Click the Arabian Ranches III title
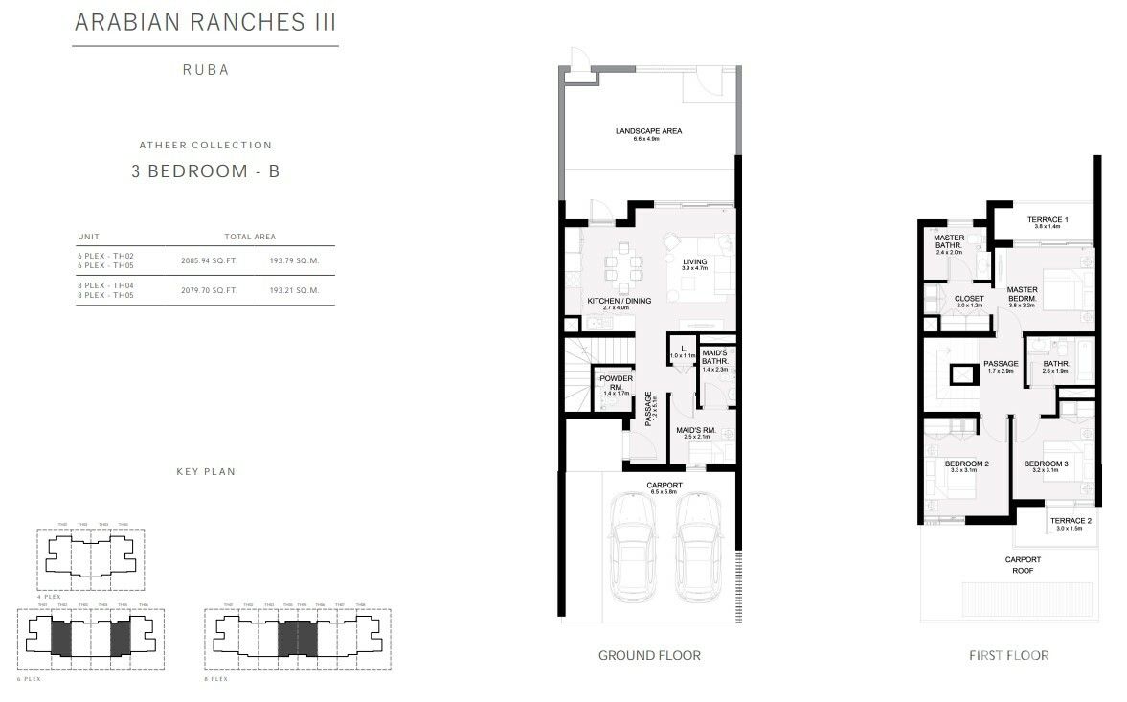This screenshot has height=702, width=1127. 205,22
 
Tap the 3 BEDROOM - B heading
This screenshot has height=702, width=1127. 205,172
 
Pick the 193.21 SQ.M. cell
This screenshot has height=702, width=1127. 294,289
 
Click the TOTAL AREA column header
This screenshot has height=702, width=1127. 251,237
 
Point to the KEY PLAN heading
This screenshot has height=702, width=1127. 205,471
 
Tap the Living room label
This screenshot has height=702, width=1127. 694,264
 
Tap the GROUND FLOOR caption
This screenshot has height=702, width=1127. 648,656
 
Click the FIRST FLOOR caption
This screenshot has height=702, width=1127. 1008,656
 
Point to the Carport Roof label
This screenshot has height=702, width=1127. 1022,564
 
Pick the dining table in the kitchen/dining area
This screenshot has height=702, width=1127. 620,268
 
